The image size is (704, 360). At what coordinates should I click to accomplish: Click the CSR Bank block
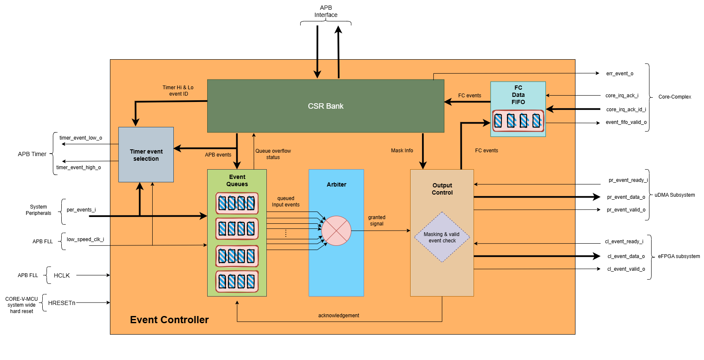tap(326, 106)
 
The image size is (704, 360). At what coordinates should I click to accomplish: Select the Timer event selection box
tap(146, 155)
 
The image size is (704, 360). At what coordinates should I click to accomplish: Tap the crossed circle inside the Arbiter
tap(336, 231)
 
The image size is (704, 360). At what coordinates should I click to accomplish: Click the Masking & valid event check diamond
tap(442, 237)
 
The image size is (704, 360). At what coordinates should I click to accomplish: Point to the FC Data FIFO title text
tap(518, 95)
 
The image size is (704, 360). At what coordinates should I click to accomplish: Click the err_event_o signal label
tap(619, 74)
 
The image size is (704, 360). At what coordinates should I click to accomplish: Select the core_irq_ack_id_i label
tap(626, 110)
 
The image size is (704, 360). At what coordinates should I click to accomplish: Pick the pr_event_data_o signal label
tap(626, 197)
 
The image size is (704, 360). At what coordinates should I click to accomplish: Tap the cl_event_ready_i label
tap(624, 242)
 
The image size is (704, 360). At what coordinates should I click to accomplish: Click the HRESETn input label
tap(62, 303)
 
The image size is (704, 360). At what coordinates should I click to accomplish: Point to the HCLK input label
tap(62, 275)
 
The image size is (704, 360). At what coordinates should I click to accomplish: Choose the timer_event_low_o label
tap(81, 138)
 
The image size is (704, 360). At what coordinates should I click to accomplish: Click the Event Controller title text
tap(169, 320)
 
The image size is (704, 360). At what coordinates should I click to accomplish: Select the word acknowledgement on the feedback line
tap(339, 316)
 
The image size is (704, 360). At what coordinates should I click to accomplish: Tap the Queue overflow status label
tap(273, 154)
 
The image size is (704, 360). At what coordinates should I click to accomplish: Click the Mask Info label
tap(402, 151)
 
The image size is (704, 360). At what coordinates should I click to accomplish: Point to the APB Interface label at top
tap(326, 11)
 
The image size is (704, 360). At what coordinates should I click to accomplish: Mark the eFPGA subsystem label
tap(679, 256)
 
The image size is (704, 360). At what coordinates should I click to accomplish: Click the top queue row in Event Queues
tap(237, 203)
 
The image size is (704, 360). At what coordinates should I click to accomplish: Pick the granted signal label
tap(376, 220)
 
